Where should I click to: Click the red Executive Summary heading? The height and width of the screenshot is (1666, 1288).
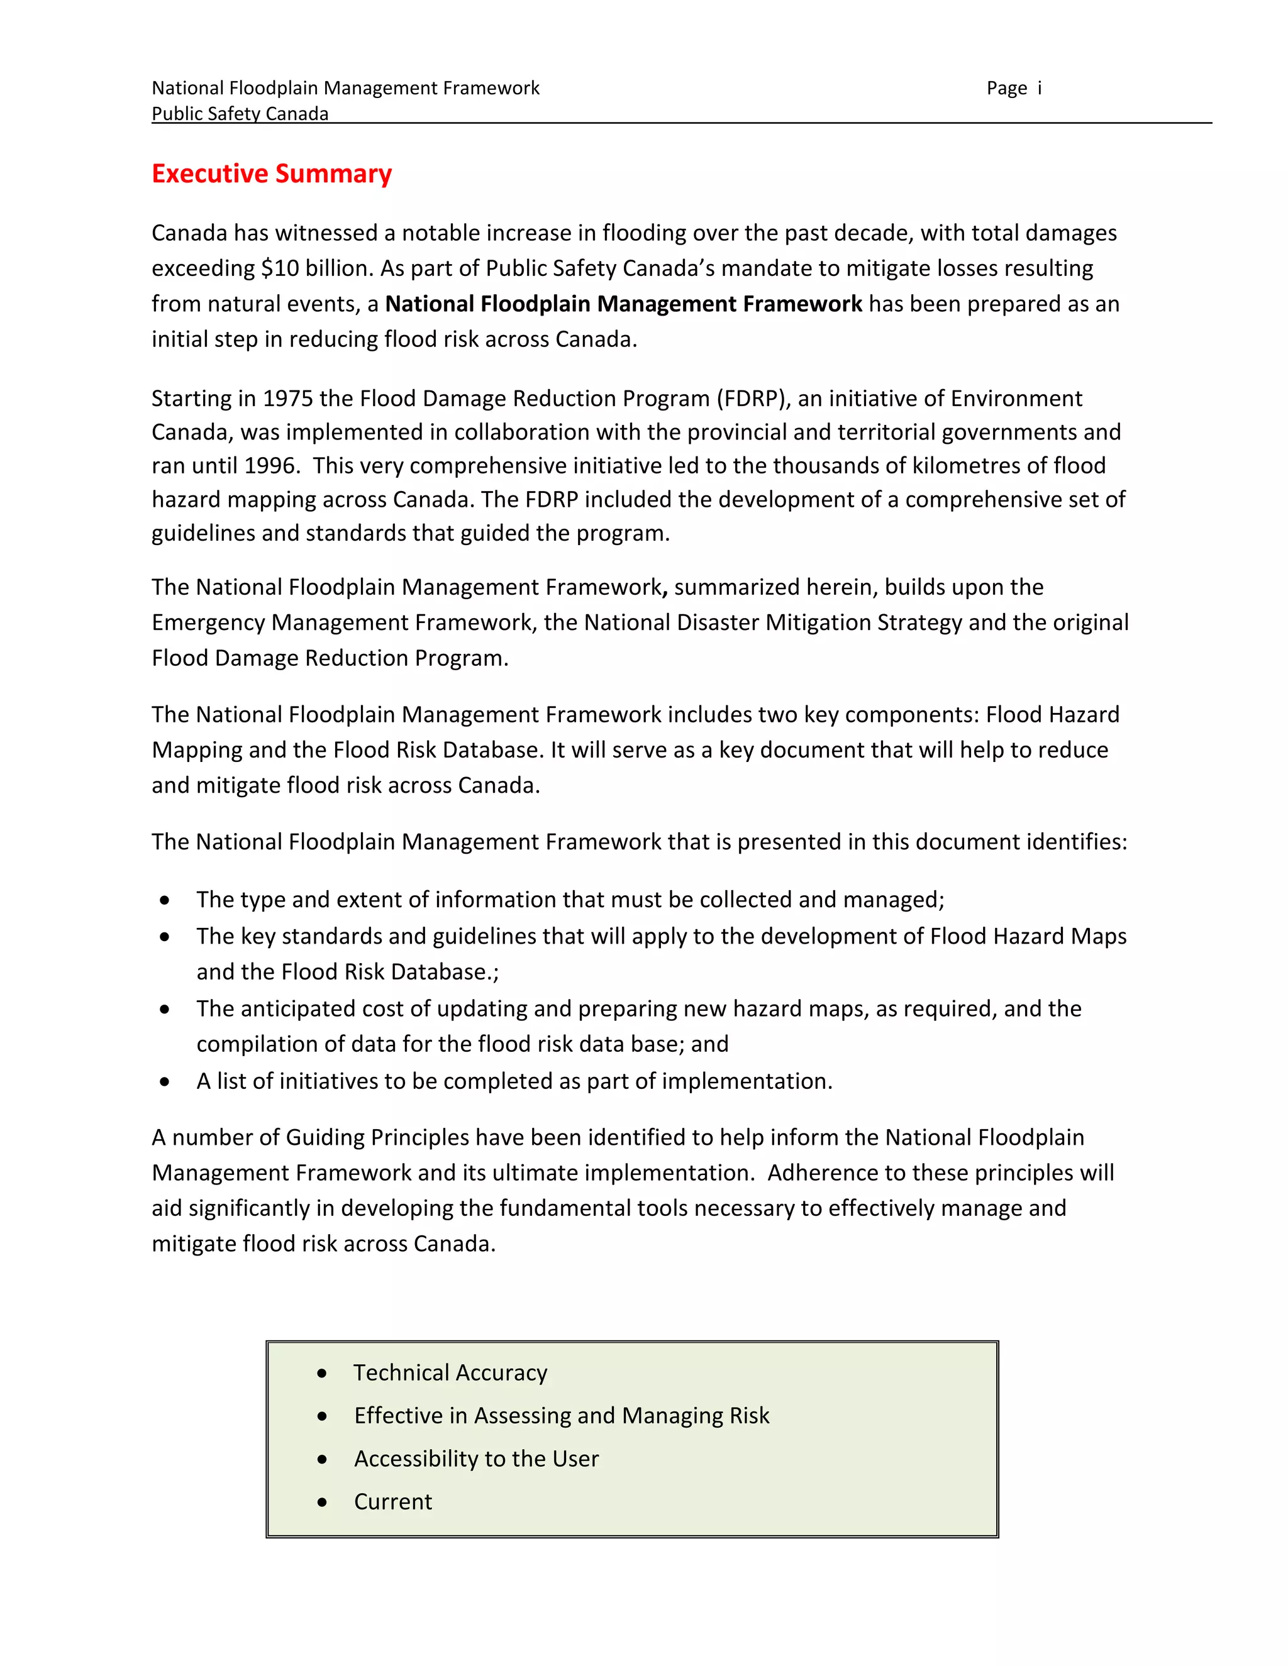point(272,174)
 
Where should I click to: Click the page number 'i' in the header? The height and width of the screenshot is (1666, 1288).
point(1039,89)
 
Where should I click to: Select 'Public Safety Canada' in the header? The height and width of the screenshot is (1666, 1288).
point(240,114)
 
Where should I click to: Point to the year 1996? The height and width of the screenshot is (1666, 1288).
point(270,465)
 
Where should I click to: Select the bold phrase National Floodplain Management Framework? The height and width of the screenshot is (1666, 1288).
point(623,304)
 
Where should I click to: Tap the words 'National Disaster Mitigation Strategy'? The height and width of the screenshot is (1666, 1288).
point(773,622)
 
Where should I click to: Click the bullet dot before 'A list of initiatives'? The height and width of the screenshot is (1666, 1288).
point(165,1082)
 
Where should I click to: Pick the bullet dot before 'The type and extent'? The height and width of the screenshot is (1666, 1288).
point(165,900)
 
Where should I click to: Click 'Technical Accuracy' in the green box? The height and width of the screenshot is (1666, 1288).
point(450,1373)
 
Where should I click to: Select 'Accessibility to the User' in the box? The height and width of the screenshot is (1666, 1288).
point(476,1459)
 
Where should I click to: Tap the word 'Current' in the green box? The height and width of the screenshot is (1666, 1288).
point(393,1501)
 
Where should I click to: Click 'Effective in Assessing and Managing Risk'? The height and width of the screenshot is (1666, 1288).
point(562,1416)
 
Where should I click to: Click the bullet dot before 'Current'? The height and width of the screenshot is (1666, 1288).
point(323,1502)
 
